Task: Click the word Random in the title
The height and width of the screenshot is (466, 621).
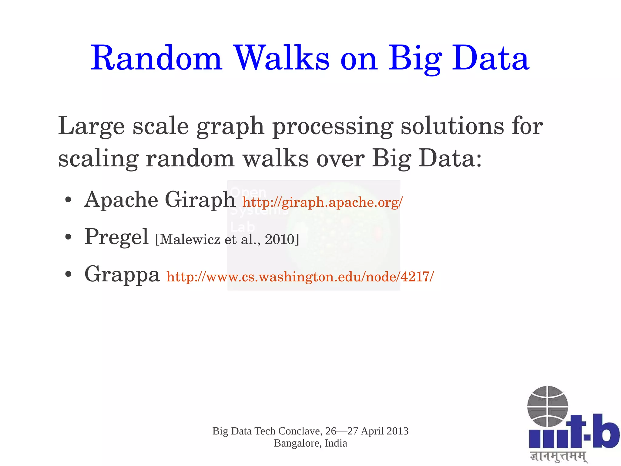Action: [x=156, y=58]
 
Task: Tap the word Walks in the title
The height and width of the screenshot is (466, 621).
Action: [x=282, y=58]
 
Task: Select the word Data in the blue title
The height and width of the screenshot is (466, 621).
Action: [x=490, y=58]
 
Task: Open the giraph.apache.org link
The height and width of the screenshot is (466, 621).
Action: [x=322, y=202]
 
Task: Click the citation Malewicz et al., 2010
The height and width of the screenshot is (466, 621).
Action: [x=227, y=240]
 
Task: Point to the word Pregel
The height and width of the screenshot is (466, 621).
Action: [x=116, y=237]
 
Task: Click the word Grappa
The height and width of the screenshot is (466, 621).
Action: [x=122, y=274]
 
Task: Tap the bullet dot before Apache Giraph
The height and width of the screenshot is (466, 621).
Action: [x=68, y=200]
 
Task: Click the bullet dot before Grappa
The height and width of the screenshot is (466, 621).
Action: [x=68, y=274]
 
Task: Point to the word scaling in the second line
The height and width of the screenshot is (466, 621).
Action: [x=98, y=159]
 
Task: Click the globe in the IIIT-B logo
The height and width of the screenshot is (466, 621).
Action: [x=547, y=406]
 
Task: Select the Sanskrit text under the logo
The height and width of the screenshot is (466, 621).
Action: [x=558, y=456]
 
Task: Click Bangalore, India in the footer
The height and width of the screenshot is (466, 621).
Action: [x=310, y=443]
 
